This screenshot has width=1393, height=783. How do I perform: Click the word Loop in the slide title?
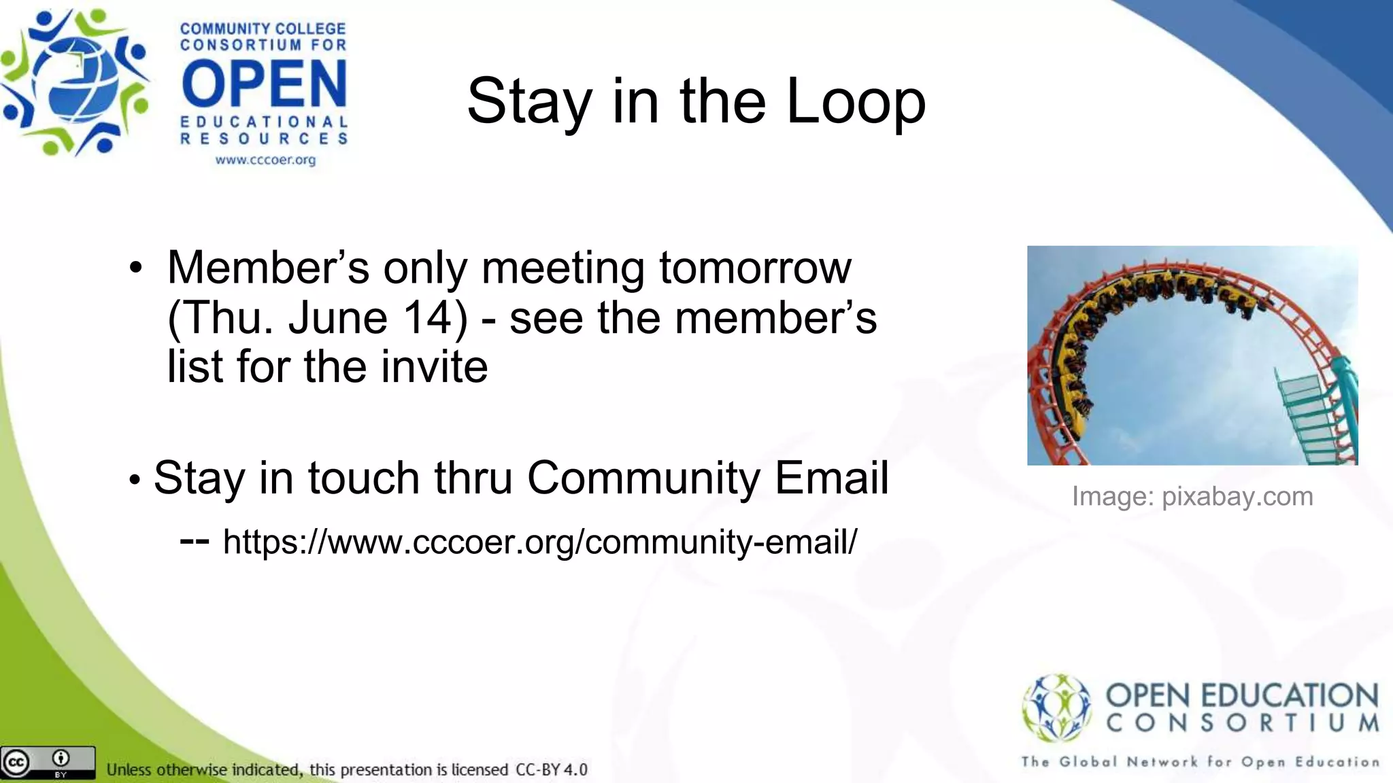point(856,102)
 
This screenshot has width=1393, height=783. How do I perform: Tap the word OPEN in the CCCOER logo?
point(264,84)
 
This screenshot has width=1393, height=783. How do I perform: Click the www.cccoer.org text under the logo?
point(265,160)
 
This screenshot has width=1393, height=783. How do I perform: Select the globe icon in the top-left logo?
point(76,82)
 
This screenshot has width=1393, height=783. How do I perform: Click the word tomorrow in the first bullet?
point(755,268)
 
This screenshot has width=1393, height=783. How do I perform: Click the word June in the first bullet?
point(337,317)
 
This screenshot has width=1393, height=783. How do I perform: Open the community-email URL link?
point(540,542)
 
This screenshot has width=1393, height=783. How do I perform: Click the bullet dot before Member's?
point(136,268)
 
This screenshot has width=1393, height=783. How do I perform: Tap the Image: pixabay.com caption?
point(1192,496)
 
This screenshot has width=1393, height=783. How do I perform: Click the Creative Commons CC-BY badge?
point(48,763)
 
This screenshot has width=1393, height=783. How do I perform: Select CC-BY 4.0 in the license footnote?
point(551,770)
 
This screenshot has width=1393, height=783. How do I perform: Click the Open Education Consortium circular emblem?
point(1056,707)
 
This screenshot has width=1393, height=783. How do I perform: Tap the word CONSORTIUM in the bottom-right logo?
point(1242,723)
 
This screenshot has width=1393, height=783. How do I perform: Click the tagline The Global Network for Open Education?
point(1200,762)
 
